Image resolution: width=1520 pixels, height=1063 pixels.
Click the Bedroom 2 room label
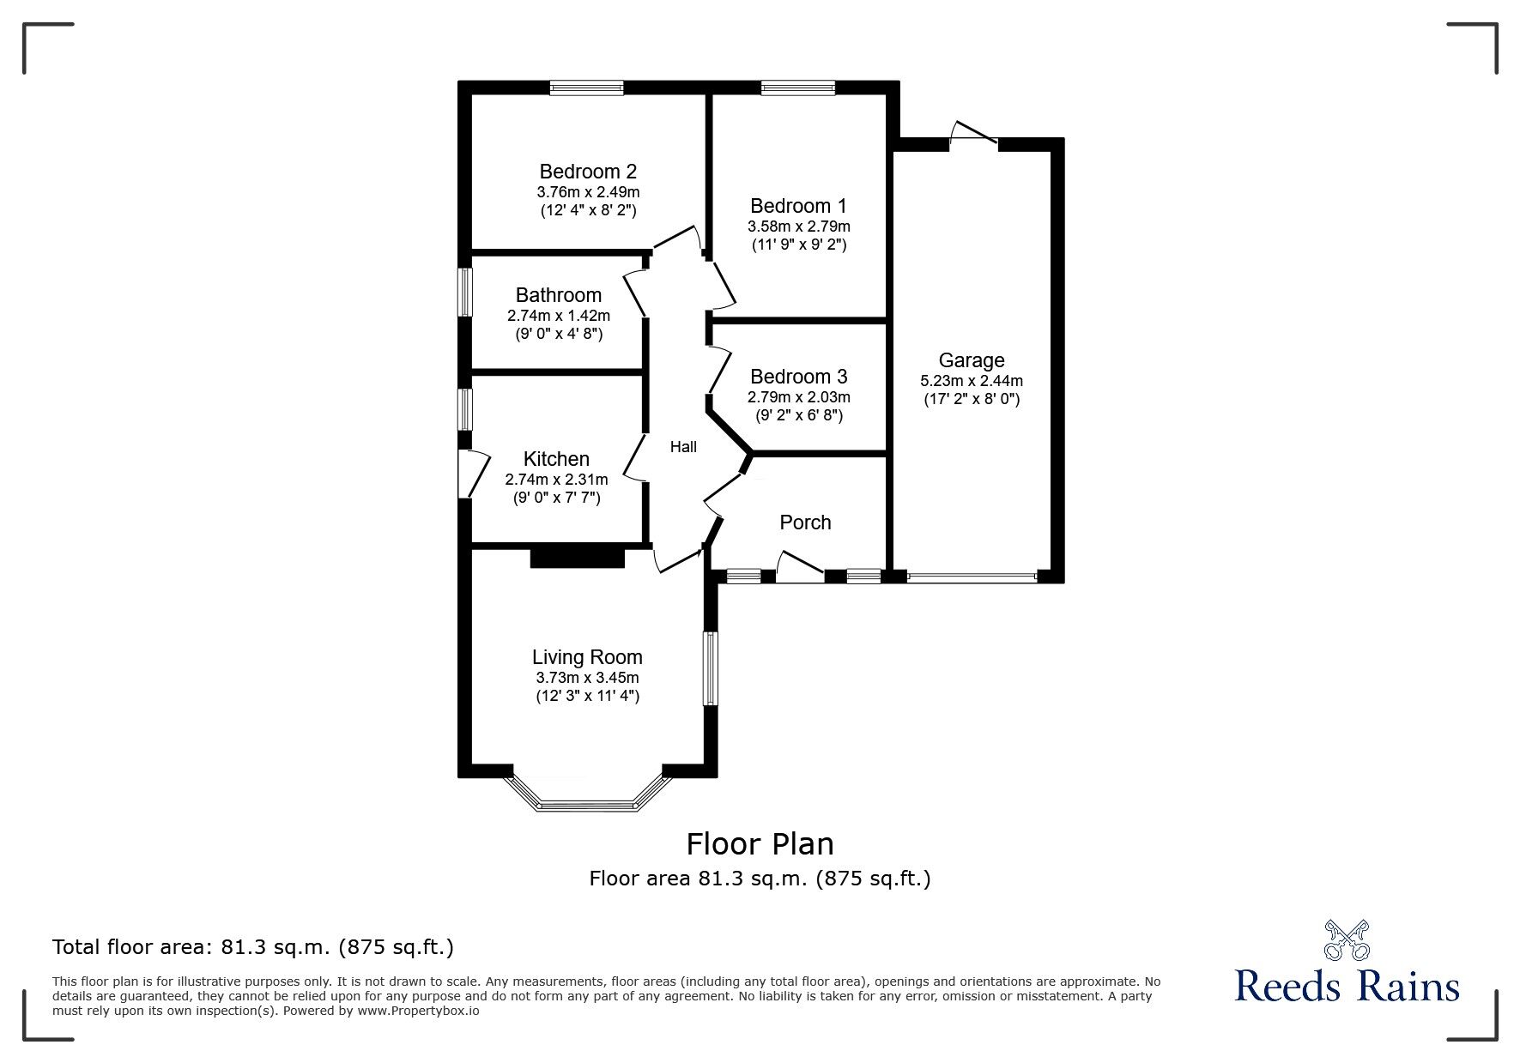(x=588, y=171)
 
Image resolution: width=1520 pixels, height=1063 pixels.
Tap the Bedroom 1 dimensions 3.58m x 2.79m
(x=798, y=226)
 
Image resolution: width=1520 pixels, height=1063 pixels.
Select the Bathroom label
(x=558, y=295)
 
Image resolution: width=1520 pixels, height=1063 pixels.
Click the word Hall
(x=683, y=447)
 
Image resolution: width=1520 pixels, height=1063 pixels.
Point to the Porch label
(x=805, y=522)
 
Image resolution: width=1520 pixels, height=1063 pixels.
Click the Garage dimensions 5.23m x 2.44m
(x=972, y=381)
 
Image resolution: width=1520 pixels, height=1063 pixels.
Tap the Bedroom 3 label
(x=798, y=377)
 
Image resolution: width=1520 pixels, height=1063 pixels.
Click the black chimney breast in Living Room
(x=577, y=558)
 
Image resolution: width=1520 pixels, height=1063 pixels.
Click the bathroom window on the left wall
(x=464, y=293)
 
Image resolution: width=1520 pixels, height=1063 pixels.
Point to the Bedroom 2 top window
(x=587, y=88)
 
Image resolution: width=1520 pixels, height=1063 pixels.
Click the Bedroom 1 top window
(x=797, y=88)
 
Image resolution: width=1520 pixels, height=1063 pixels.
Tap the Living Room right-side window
(x=711, y=669)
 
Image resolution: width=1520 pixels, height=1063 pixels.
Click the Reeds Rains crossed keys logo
(x=1347, y=940)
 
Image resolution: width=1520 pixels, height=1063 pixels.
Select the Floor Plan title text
(x=760, y=844)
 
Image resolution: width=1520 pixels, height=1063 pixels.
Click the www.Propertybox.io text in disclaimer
(x=418, y=1011)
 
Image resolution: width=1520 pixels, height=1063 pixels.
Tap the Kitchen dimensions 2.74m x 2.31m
(x=556, y=480)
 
